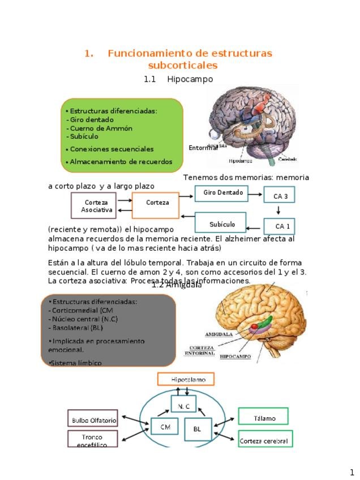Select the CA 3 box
coord(279,196)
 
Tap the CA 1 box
coord(279,226)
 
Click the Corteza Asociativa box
coord(94,206)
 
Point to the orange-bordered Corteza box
coord(156,205)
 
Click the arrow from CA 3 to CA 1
coord(279,211)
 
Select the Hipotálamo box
coord(186,379)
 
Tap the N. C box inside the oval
coord(183,406)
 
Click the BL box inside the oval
coord(198,429)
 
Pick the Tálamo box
coord(263,418)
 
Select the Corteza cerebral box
coord(264,440)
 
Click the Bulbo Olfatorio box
coord(93,419)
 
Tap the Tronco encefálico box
coord(92,439)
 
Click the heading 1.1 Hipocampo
coord(178,79)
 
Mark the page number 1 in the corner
coord(352,472)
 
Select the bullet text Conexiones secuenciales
coord(112,149)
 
